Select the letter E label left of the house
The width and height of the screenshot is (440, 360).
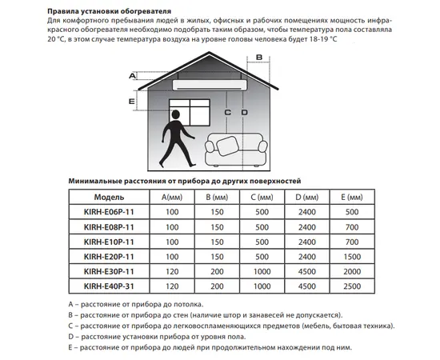(x=132, y=102)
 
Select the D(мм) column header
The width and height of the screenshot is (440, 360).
(x=305, y=197)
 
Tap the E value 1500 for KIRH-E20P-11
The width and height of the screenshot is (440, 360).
(x=349, y=256)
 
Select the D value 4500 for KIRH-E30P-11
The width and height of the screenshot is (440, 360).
(x=305, y=270)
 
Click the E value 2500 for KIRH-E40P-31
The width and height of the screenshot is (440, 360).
(x=349, y=286)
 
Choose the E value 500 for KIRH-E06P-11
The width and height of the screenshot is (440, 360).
(x=349, y=212)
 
